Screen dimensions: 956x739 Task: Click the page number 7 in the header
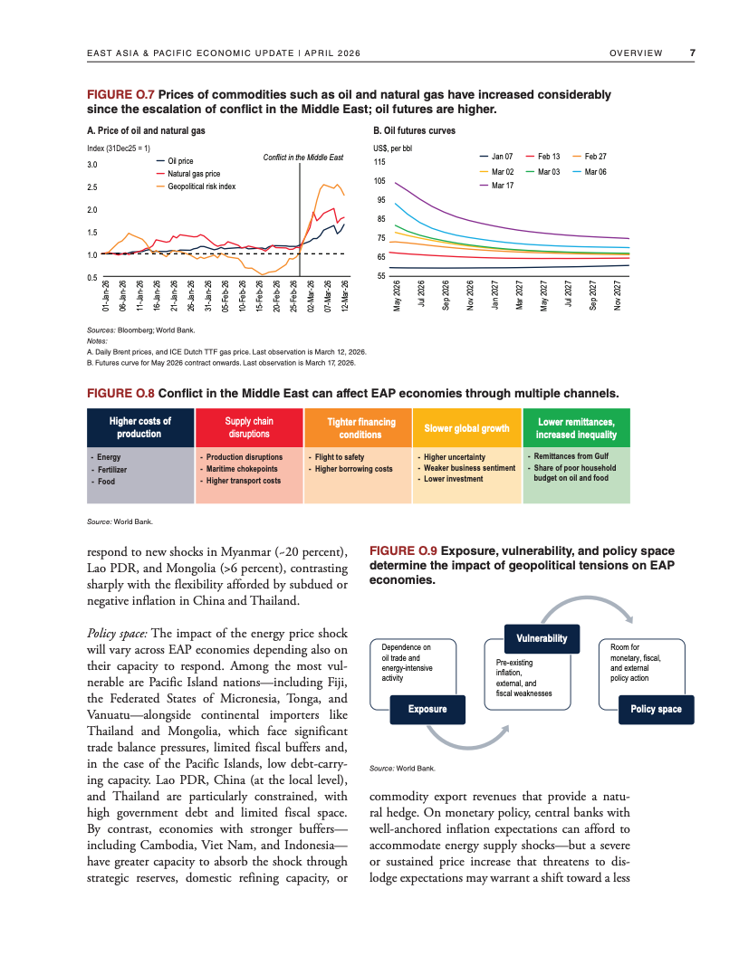click(692, 53)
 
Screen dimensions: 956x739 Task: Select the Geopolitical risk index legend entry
click(201, 186)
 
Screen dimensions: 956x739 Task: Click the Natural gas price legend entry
click(193, 174)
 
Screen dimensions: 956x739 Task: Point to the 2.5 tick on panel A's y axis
click(92, 187)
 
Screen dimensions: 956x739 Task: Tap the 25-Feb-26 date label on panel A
click(293, 295)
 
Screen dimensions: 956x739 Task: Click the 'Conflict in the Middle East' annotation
click(303, 158)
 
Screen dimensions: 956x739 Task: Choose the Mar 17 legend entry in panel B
click(502, 185)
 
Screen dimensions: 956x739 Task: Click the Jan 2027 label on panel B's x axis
click(494, 295)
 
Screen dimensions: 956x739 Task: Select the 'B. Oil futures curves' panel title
click(414, 131)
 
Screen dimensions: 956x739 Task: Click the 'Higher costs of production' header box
click(139, 428)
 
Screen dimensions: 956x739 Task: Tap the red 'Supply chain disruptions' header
click(249, 428)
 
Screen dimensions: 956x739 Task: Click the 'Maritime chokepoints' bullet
click(242, 469)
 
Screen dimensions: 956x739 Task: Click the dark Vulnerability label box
click(542, 638)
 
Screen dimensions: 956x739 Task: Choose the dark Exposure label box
click(427, 709)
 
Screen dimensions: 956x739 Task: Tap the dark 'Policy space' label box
click(656, 709)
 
